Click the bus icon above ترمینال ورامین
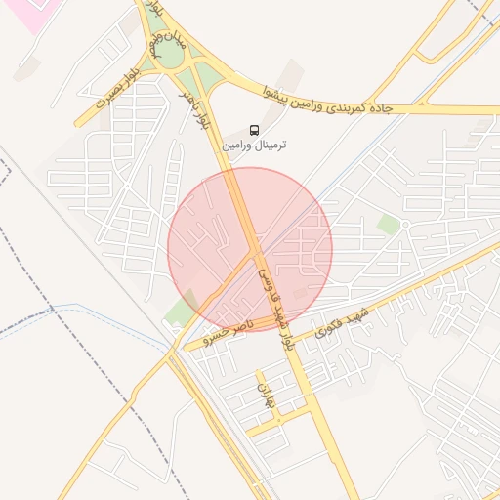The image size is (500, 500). pyautogui.click(x=255, y=129)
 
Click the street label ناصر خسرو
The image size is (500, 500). pyautogui.click(x=227, y=330)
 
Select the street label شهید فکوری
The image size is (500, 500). pyautogui.click(x=340, y=322)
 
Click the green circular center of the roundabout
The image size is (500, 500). pyautogui.click(x=169, y=54)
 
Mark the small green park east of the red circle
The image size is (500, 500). pyautogui.click(x=389, y=225)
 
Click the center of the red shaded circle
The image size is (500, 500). pyautogui.click(x=250, y=250)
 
